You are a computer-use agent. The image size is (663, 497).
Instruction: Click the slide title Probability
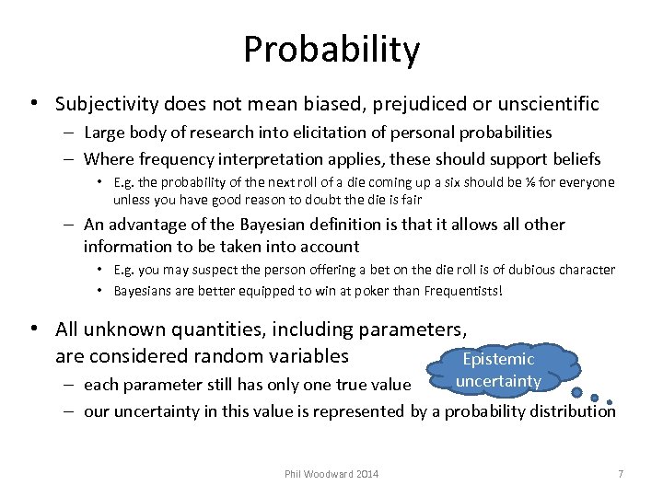tap(331, 49)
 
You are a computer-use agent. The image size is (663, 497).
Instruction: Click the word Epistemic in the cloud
tap(498, 359)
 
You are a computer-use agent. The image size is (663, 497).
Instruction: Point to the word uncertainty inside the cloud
tap(498, 380)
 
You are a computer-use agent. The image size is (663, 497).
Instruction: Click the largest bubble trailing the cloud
tap(576, 392)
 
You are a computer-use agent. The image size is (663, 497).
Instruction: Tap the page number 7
tap(621, 474)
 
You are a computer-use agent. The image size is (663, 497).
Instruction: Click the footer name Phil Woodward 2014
tap(331, 474)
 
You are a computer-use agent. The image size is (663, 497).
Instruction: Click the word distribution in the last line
tap(571, 411)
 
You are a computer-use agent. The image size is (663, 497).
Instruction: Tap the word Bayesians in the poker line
tap(145, 291)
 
